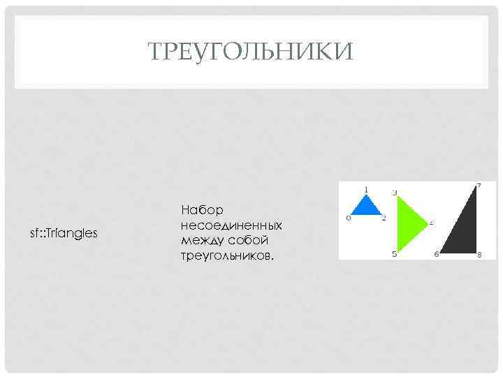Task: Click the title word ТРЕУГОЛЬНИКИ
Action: pos(251,51)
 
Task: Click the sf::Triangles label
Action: pos(63,232)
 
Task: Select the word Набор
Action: pos(201,210)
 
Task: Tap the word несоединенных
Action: pos(231,225)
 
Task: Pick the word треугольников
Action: pos(227,256)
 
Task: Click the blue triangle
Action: pos(365,207)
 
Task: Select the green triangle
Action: pos(407,223)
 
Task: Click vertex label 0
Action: pos(348,218)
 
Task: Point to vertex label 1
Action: pos(366,189)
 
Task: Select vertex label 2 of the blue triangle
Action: pos(384,218)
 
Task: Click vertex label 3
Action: pos(395,192)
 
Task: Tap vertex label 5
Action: pos(395,254)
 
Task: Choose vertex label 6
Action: pos(436,254)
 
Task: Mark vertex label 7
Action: pos(478,185)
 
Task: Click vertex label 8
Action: pos(479,255)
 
